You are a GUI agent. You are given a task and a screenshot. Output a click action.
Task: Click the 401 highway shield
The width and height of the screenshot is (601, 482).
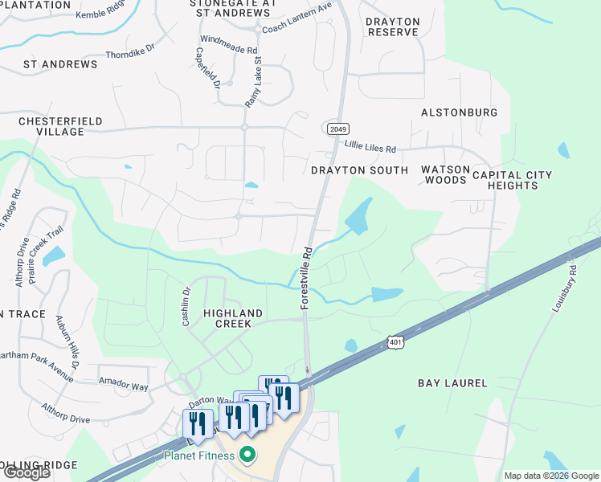[395, 343]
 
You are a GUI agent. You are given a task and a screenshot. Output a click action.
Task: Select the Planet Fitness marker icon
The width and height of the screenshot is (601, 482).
[248, 456]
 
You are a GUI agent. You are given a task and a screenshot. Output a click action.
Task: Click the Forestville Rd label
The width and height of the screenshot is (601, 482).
[306, 278]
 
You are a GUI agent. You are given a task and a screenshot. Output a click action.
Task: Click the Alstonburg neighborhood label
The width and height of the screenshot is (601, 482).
[460, 112]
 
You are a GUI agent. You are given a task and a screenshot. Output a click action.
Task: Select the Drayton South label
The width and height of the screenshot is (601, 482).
[354, 170]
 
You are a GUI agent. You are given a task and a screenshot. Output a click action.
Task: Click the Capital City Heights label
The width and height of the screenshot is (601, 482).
[512, 180]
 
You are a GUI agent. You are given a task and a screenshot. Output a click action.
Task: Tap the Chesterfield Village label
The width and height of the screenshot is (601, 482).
[60, 126]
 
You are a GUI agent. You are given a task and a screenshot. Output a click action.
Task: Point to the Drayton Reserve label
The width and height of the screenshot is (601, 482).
[393, 27]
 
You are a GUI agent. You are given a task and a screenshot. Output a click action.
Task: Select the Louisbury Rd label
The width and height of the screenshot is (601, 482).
[565, 289]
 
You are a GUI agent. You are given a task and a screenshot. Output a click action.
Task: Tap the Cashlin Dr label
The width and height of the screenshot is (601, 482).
[186, 307]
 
